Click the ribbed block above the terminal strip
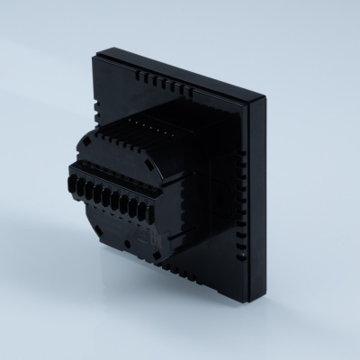[x=153, y=139]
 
